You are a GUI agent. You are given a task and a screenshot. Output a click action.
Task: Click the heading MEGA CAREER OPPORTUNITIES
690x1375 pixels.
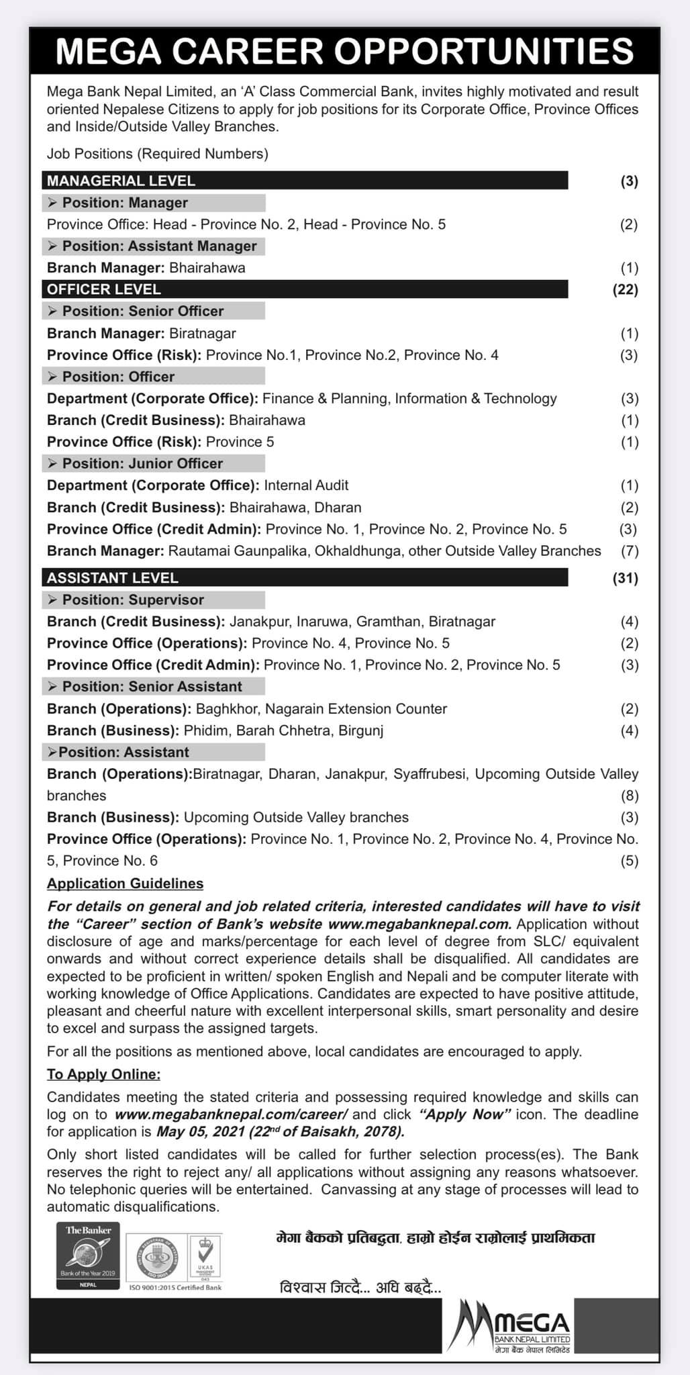[344, 51]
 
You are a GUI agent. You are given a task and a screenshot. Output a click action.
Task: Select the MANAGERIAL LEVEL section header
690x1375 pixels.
[121, 181]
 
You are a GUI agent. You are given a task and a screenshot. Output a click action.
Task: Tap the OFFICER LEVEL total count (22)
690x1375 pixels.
[625, 289]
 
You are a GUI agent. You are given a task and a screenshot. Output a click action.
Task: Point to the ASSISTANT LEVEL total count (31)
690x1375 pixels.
[625, 578]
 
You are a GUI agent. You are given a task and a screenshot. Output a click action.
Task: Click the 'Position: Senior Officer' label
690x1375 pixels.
[142, 311]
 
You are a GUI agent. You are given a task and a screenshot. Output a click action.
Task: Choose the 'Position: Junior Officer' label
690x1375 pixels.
[142, 463]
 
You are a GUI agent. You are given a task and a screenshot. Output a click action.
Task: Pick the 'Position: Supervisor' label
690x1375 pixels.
[133, 600]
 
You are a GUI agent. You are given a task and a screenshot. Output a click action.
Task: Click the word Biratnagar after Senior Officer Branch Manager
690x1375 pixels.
[203, 333]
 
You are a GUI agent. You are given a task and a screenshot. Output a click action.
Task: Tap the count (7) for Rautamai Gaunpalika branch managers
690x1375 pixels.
[629, 551]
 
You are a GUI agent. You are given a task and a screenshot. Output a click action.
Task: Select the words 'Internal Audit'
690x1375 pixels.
[306, 485]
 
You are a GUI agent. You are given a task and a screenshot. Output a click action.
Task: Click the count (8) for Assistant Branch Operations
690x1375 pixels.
[629, 796]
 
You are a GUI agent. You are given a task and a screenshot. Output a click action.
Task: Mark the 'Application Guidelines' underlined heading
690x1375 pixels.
[125, 884]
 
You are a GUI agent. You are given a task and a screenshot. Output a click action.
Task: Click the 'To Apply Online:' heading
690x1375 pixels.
[103, 1074]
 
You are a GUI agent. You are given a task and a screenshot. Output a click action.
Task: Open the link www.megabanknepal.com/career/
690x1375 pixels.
[231, 1115]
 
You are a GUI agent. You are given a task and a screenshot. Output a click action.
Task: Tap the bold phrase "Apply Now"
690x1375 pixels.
[465, 1115]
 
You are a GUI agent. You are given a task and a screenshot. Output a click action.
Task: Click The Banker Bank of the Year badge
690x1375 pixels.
[88, 1255]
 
